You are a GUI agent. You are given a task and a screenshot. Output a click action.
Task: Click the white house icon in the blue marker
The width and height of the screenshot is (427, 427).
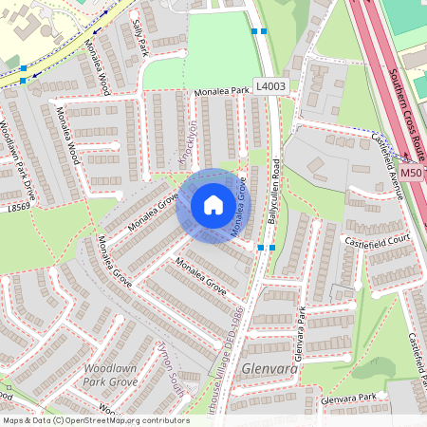click(213, 205)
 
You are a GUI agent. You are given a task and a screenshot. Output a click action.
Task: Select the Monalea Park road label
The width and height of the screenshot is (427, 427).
click(222, 92)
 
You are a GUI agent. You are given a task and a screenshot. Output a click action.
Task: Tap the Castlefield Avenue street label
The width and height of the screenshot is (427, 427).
click(389, 166)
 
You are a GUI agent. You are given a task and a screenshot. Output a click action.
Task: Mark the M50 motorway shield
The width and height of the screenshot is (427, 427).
click(411, 174)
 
